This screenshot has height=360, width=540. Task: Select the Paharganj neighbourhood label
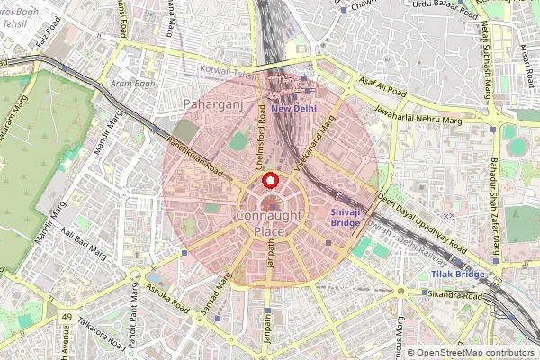[x=210, y=105]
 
